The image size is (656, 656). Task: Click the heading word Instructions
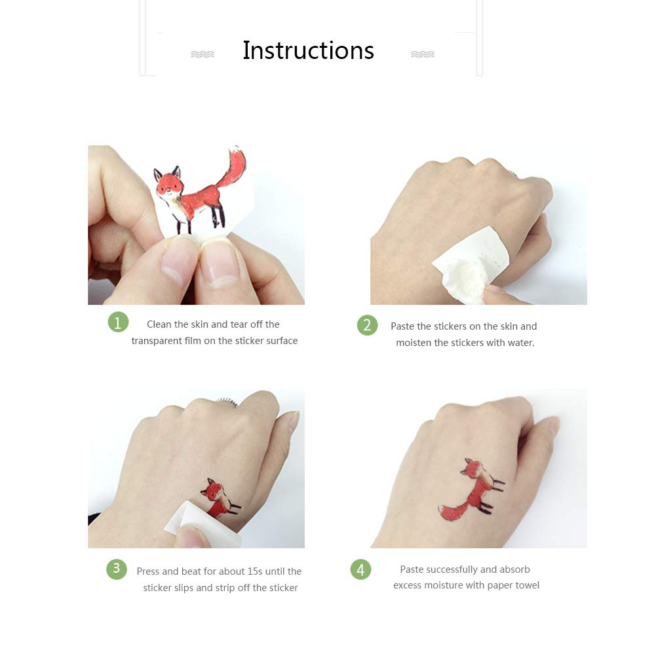(308, 50)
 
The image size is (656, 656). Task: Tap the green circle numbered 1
(118, 322)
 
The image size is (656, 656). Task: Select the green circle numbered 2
(368, 325)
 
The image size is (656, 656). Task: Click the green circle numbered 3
(117, 569)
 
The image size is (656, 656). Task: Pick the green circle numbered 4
(360, 569)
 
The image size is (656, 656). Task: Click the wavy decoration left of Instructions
(203, 54)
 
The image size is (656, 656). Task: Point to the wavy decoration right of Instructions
(423, 54)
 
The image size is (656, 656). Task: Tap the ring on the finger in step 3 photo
(227, 402)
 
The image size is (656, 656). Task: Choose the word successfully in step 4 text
(446, 569)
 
